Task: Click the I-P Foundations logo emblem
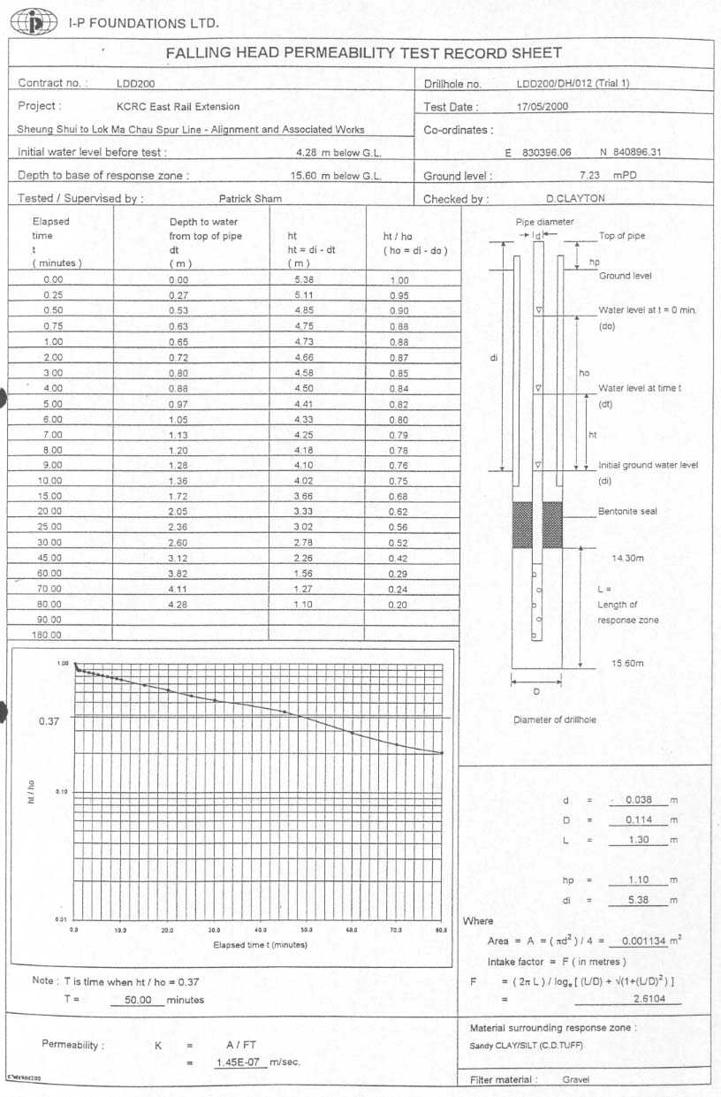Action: click(34, 22)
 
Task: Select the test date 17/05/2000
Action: click(543, 106)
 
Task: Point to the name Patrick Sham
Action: click(250, 199)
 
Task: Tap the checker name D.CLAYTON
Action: click(575, 199)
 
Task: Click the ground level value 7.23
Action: click(590, 176)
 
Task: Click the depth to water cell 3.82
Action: click(179, 573)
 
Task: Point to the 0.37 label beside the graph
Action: click(49, 721)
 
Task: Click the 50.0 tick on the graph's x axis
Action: click(307, 931)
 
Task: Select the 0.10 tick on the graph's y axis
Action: click(62, 792)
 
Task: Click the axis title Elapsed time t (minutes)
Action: click(260, 945)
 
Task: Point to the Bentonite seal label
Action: click(627, 511)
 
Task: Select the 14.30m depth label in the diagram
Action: click(628, 559)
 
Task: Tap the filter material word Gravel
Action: click(576, 1079)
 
